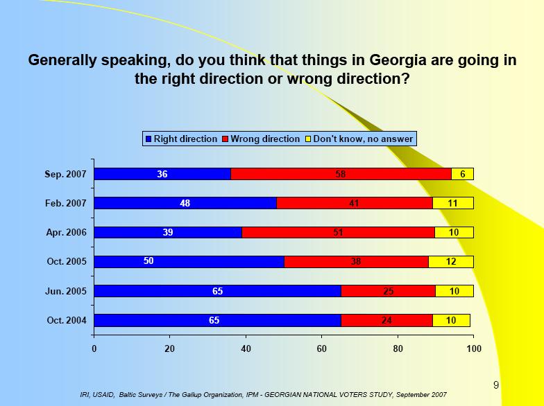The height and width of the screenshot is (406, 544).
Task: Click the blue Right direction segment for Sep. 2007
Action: [162, 174]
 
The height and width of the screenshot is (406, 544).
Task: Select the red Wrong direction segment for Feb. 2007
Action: [355, 203]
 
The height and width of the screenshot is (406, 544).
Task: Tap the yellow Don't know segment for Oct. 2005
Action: [451, 261]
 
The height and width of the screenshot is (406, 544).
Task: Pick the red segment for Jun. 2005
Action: [389, 291]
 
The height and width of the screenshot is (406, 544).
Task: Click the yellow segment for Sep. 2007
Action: [462, 174]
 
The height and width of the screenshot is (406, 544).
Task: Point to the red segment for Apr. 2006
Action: [339, 232]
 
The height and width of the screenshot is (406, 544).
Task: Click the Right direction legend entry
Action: [181, 139]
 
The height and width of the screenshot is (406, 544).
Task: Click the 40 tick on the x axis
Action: [246, 349]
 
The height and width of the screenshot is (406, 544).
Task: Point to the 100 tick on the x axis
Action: [473, 349]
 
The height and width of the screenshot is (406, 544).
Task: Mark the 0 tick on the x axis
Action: [94, 349]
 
